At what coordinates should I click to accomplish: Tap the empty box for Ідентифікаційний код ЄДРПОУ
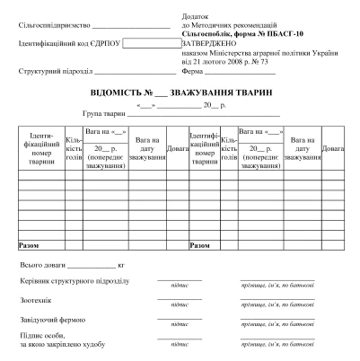point(152,42)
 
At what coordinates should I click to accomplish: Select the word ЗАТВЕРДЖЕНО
point(208,42)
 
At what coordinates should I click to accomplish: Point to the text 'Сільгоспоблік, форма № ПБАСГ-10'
point(237,33)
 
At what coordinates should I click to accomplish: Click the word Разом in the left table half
point(29,243)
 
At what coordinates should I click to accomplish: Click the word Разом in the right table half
point(199,243)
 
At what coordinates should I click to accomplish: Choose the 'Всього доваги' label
point(41,266)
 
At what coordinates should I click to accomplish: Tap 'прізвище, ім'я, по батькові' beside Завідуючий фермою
point(277,324)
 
